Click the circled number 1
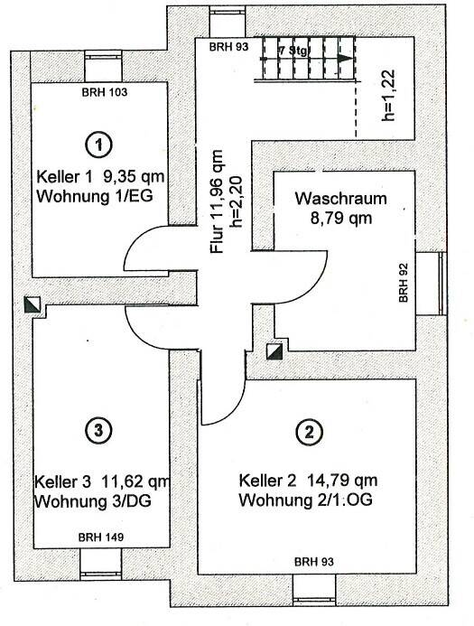point(98,145)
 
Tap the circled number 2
point(309,432)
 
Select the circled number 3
point(99,430)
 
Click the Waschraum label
point(340,199)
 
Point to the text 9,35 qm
point(134,176)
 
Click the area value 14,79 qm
point(341,481)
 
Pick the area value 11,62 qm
point(135,481)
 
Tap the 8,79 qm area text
point(341,218)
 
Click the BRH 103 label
point(105,93)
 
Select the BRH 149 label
point(101,537)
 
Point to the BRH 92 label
point(404,282)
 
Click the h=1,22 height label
point(388,96)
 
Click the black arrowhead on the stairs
point(346,59)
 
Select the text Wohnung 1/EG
point(95,196)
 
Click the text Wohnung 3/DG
point(93,501)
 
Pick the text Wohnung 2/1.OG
point(306,500)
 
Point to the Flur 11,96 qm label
point(218,201)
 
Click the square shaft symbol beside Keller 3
point(32,304)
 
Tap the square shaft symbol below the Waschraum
point(274,351)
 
